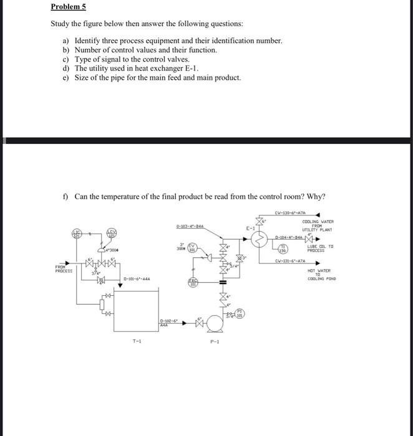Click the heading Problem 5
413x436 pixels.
tap(69, 7)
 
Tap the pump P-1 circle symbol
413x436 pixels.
tap(216, 324)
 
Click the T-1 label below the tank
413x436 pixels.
tap(135, 341)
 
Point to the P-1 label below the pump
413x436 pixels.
tap(215, 341)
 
